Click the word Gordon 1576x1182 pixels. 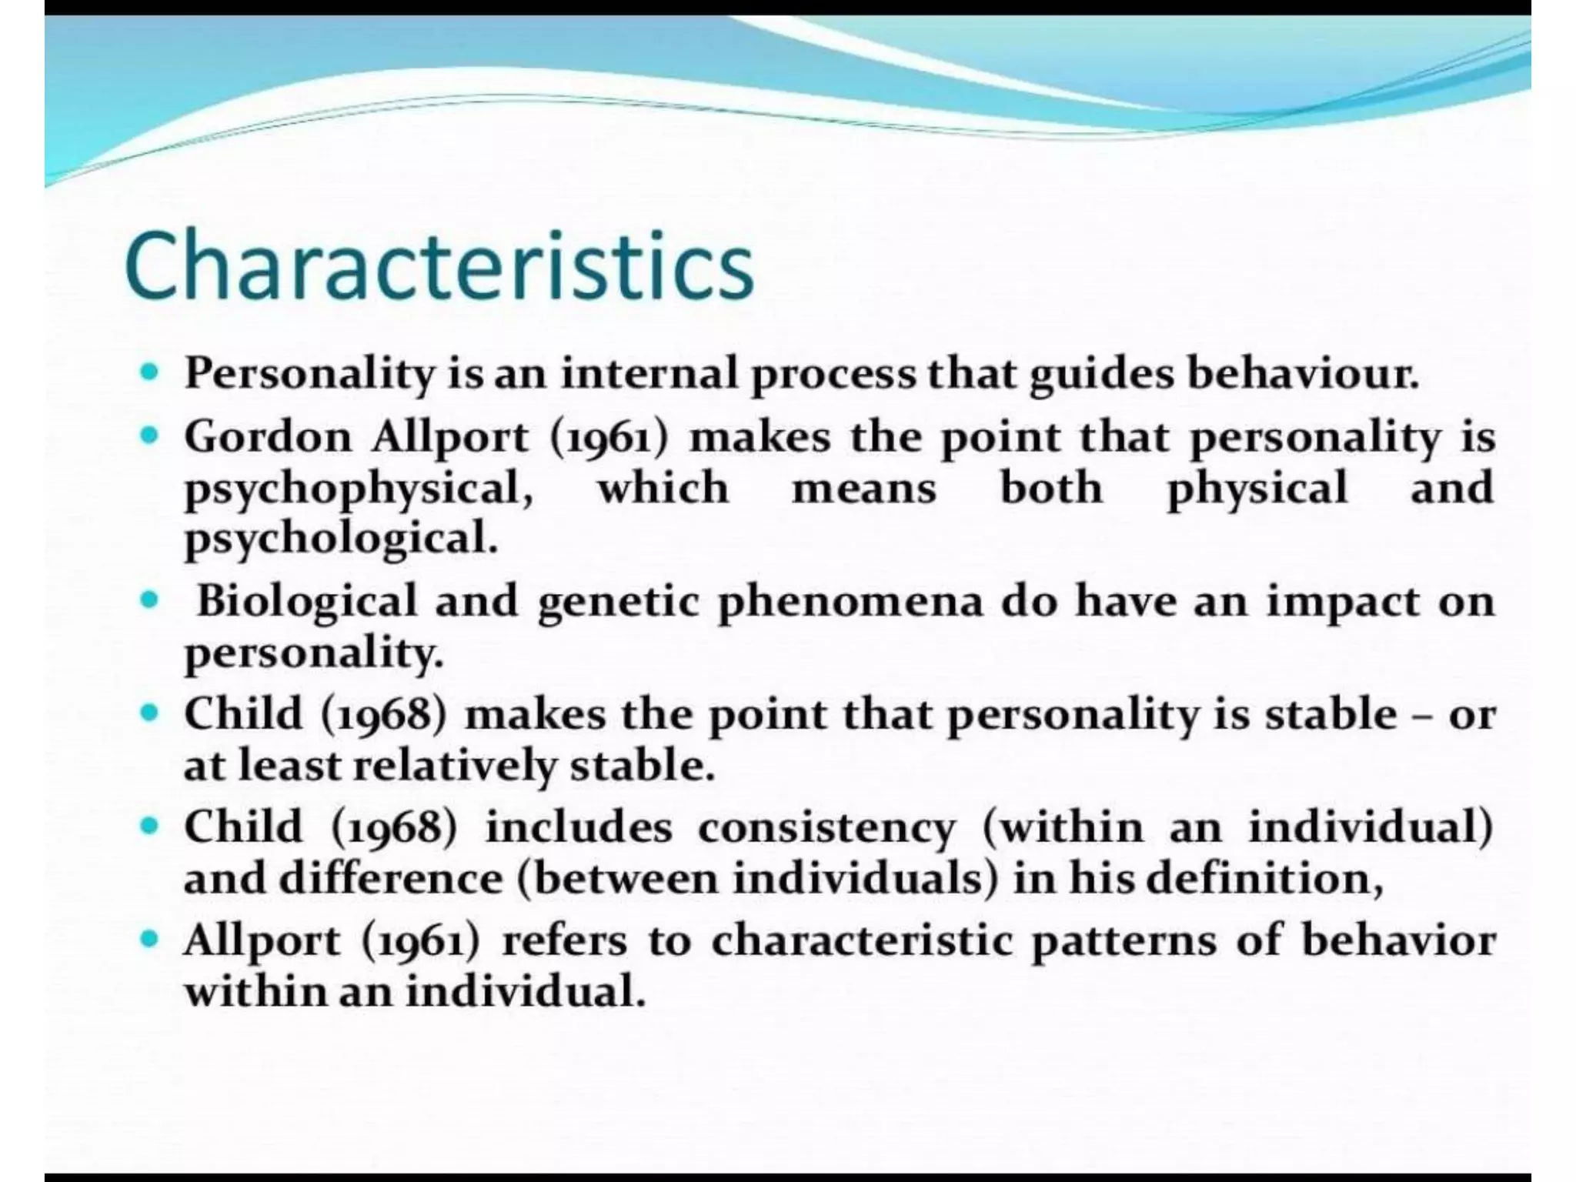tap(267, 437)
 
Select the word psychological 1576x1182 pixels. tap(341, 539)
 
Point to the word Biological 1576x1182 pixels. tap(306, 601)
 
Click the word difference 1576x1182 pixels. tap(390, 878)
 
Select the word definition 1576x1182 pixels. tap(1264, 880)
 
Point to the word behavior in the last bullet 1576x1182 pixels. tap(1398, 940)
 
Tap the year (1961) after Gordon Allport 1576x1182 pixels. tap(609, 438)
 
